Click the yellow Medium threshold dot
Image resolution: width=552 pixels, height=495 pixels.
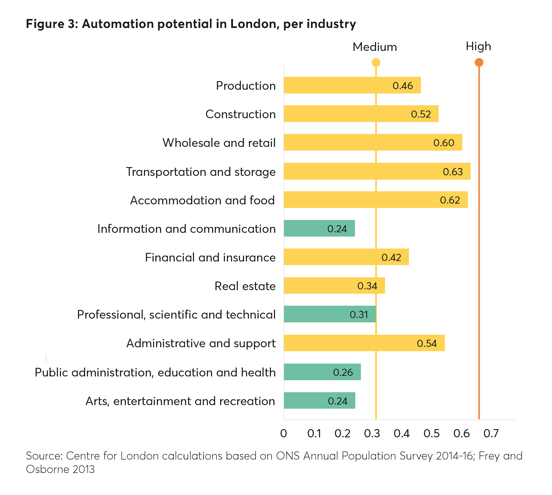tap(376, 63)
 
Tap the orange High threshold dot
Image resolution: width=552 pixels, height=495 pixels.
tap(479, 63)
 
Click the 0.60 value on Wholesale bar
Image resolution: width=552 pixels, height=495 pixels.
tap(444, 143)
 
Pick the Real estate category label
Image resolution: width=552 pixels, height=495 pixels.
tap(245, 286)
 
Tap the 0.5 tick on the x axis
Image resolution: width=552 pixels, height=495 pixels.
tap(431, 434)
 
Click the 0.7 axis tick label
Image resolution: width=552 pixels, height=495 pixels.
tap(491, 434)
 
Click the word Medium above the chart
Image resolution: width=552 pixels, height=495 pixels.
tap(375, 47)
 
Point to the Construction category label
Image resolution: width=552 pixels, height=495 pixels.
tap(241, 114)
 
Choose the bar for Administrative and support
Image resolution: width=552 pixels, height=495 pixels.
tap(364, 343)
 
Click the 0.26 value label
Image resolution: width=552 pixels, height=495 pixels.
tap(343, 372)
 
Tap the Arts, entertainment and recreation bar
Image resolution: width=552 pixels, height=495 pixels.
tap(319, 400)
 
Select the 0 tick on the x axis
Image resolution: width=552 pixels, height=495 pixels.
tap(283, 434)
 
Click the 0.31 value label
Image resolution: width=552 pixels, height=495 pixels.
tap(359, 315)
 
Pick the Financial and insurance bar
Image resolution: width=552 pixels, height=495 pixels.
tap(346, 257)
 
